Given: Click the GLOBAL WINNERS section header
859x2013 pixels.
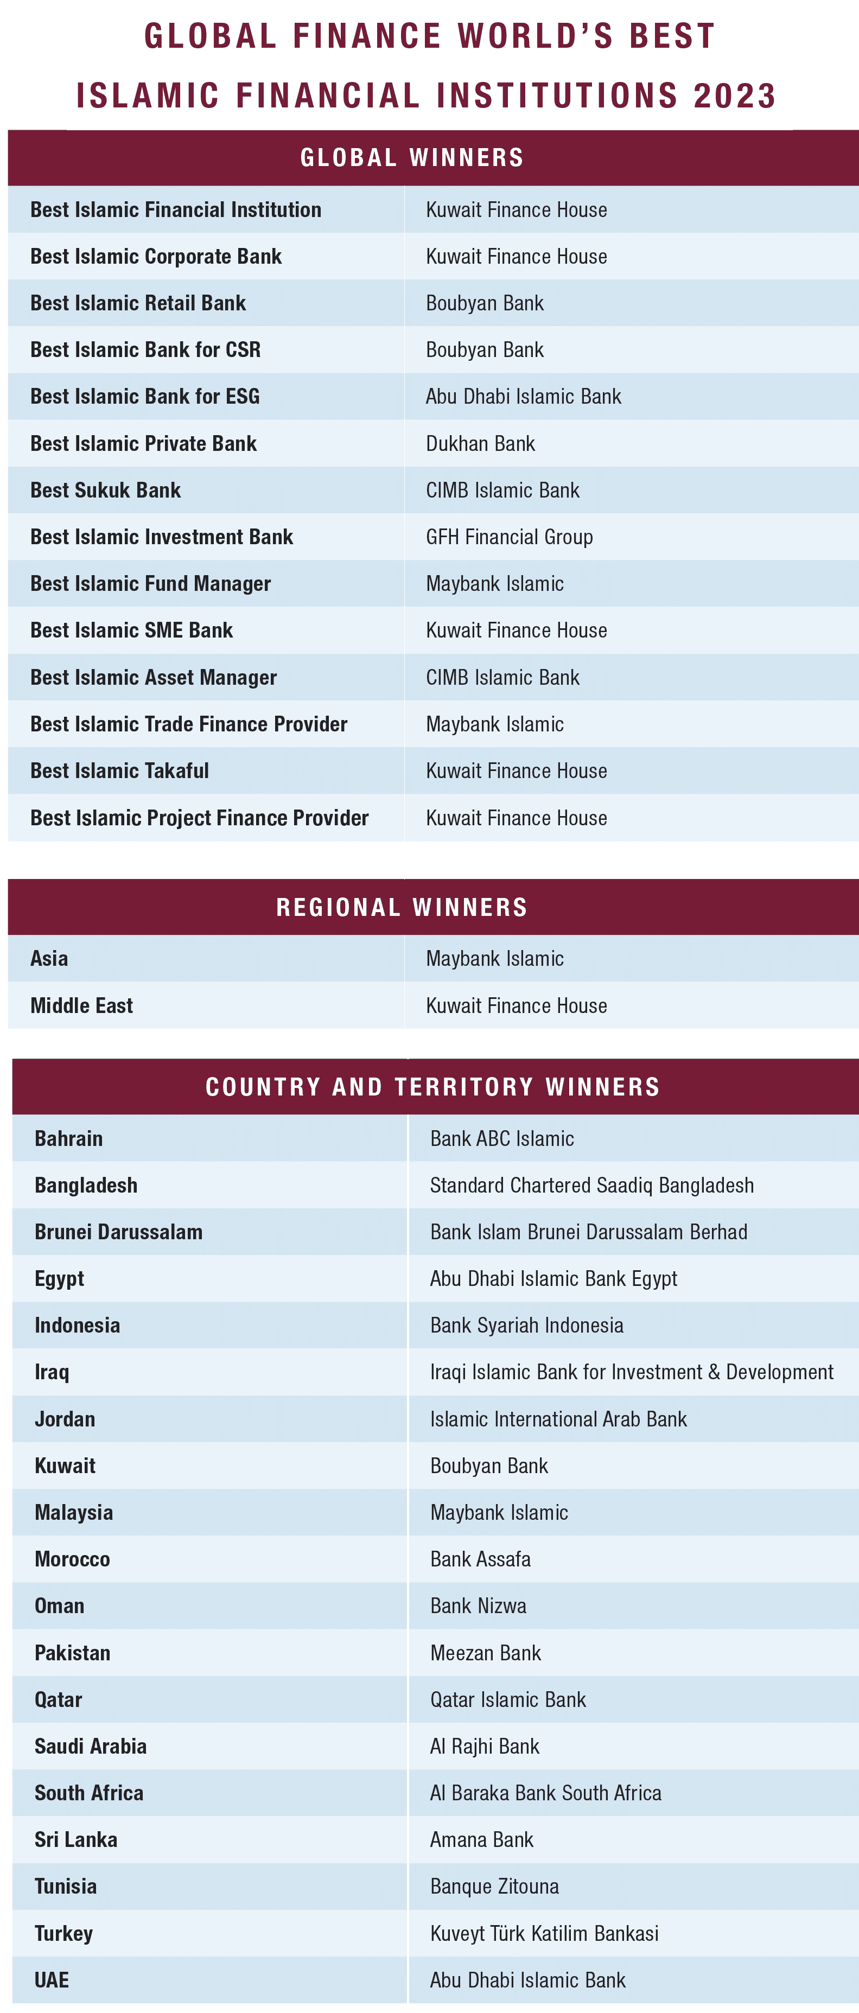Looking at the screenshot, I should [x=412, y=158].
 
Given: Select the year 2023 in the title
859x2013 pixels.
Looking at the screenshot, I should [x=734, y=96].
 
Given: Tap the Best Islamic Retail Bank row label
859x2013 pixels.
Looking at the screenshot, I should [x=138, y=303].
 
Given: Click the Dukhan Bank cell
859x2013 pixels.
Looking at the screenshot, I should [x=480, y=444].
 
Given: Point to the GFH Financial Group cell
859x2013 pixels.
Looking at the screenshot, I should [x=509, y=537].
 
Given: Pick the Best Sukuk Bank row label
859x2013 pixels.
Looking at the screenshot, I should [x=105, y=490].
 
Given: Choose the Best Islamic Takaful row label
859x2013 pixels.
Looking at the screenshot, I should [x=119, y=770].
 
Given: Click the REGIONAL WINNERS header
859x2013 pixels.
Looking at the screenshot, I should [x=402, y=907].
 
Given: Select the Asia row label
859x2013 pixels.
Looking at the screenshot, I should [x=49, y=958].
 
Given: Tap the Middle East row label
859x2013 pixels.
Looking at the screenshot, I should [x=81, y=1006].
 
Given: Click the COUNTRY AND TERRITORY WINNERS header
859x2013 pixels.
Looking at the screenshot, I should [x=432, y=1087].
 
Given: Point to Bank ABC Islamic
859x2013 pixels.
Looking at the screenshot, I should [x=502, y=1138].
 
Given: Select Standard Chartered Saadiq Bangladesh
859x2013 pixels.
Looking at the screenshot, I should [x=591, y=1186].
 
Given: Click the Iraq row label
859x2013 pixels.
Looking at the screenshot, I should [x=52, y=1372].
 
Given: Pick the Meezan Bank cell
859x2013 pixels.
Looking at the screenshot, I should [x=485, y=1653].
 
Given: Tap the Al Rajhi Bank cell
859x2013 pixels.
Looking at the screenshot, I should [x=485, y=1747].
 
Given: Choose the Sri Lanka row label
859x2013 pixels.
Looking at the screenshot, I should [x=76, y=1839].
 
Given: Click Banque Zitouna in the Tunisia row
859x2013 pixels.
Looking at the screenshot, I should [x=494, y=1887].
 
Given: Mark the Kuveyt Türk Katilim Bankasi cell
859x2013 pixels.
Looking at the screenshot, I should [x=544, y=1933].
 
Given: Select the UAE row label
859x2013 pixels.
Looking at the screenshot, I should [x=52, y=1980].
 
